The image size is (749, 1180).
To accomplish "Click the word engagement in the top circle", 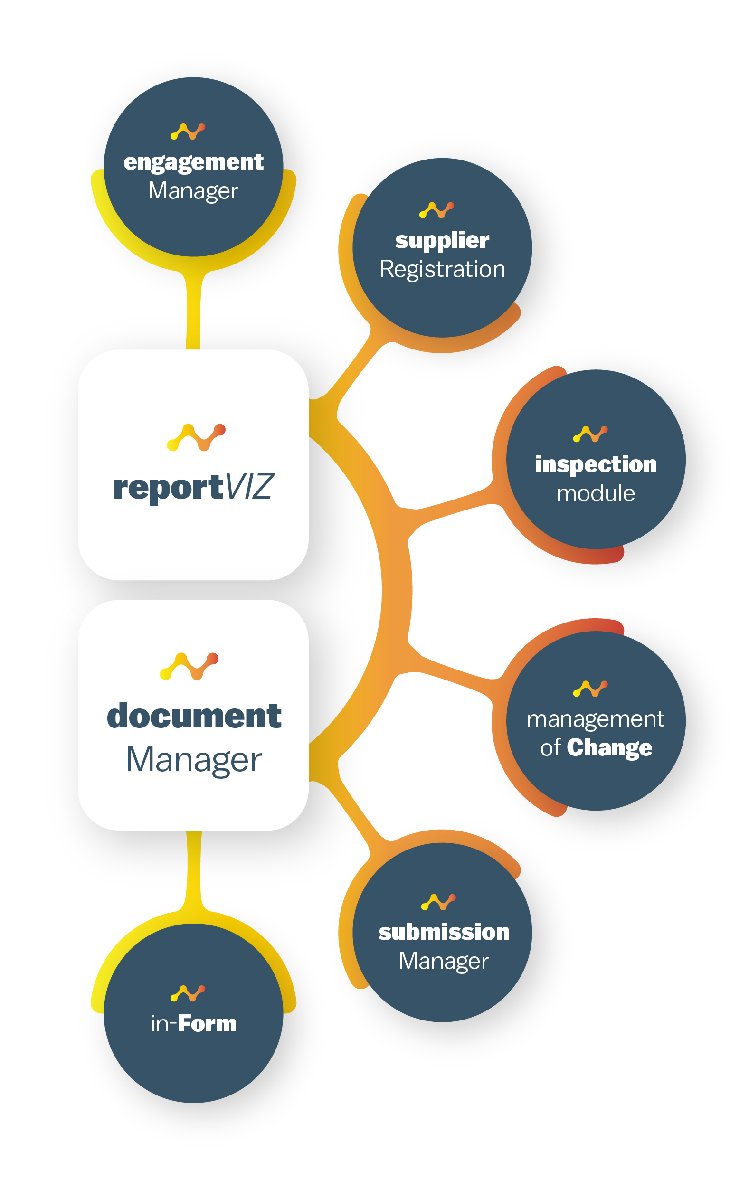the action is (193, 163).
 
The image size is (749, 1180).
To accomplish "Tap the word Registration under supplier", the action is (442, 270).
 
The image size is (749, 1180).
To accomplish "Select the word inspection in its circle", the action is (596, 464).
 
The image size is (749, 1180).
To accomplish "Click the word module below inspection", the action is (596, 493).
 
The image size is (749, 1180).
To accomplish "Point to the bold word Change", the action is (609, 748).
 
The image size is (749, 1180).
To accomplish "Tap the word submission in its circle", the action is (444, 932).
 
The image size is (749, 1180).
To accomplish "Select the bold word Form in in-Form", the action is (207, 1024).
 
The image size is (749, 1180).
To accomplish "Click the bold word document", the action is (194, 716).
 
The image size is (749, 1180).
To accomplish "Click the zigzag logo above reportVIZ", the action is (196, 437).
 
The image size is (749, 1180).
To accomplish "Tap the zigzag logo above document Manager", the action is (189, 666).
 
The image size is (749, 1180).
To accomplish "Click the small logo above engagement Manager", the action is (188, 132).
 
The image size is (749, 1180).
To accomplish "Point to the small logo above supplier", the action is (436, 210).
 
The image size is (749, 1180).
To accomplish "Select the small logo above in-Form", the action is (188, 993).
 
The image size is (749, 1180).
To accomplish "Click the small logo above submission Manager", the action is (438, 902).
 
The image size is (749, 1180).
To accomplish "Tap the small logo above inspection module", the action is (590, 434).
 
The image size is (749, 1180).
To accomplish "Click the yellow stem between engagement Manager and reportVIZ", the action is (193, 311).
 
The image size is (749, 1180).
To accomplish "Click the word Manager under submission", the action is (444, 961).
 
